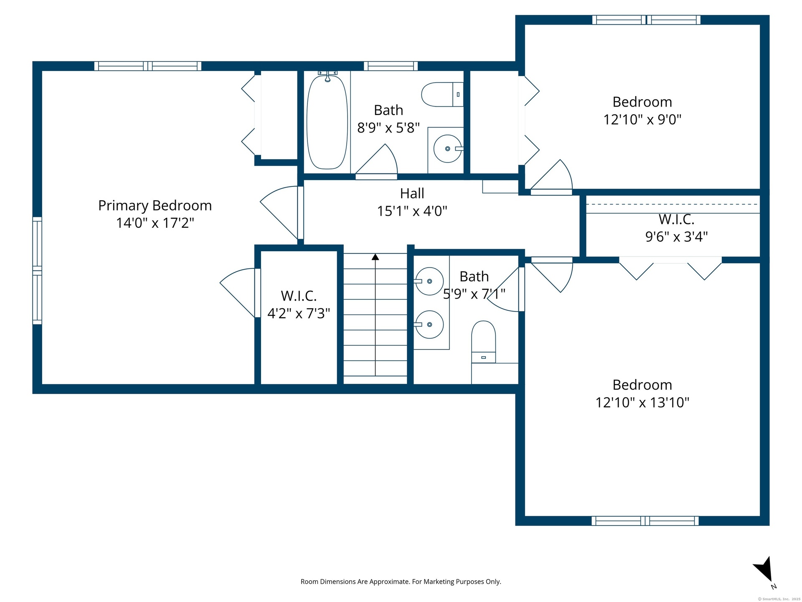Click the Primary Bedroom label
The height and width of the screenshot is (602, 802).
[x=155, y=206]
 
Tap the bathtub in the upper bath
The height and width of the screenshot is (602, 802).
[x=327, y=122]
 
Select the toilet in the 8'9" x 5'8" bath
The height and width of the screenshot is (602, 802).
[x=442, y=94]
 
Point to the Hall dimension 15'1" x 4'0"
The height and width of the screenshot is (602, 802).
[x=412, y=211]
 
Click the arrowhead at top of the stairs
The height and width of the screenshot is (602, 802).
[x=376, y=257]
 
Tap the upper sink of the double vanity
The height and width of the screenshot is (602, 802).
[x=429, y=281]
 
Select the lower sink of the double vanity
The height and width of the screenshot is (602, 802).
[x=429, y=324]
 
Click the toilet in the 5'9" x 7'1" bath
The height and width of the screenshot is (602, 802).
[x=483, y=342]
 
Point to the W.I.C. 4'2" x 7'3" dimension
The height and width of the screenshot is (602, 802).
[x=299, y=313]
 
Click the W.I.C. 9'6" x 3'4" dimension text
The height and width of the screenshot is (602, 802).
[x=676, y=237]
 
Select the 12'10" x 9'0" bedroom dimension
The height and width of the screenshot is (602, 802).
[x=642, y=120]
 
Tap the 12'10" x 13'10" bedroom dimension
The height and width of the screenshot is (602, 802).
[x=642, y=403]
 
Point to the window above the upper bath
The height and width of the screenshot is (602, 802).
[x=391, y=66]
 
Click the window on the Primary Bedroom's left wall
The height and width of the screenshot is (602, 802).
[x=37, y=270]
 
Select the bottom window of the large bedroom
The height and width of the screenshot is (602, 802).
[x=645, y=520]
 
